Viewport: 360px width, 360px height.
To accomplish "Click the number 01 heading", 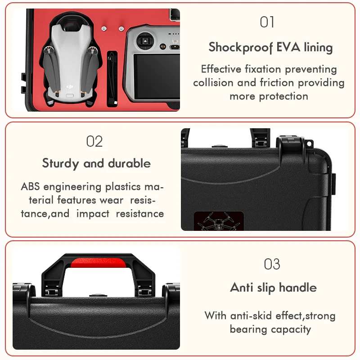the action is click(x=267, y=22).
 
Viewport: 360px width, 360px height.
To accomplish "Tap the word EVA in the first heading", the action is click(x=288, y=47).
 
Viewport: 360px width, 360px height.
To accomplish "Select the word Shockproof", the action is click(x=241, y=48).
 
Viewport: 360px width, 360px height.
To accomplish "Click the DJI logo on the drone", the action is click(x=70, y=86).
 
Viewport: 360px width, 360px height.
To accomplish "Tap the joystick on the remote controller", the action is click(x=145, y=41).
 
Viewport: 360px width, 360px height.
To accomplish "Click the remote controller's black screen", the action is click(x=157, y=76).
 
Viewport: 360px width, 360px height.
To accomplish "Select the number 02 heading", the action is click(x=94, y=141).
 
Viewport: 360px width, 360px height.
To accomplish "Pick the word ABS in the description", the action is click(x=30, y=187).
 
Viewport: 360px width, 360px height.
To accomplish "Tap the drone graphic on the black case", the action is click(x=219, y=221).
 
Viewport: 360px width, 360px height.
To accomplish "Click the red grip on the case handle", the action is click(x=99, y=263).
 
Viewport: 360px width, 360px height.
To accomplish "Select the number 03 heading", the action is click(x=272, y=264).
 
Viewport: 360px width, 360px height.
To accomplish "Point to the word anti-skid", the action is click(x=251, y=316).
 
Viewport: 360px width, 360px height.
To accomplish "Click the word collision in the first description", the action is click(x=213, y=83).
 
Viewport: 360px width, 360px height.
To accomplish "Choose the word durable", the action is click(x=129, y=163).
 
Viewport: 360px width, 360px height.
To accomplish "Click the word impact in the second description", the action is click(x=93, y=214).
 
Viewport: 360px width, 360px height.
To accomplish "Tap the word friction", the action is click(x=277, y=83).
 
